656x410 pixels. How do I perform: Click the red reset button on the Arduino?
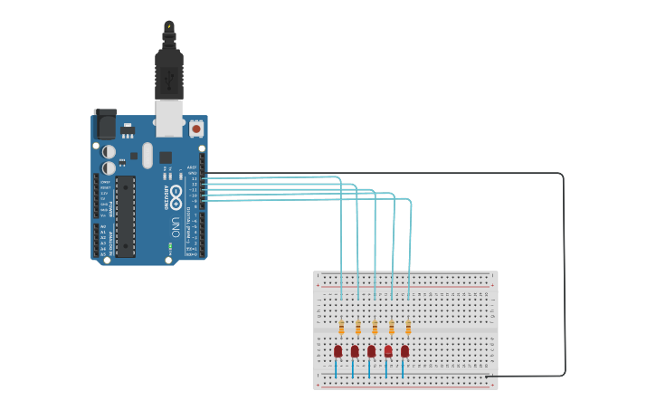(195, 129)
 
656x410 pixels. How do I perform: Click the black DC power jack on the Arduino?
(105, 124)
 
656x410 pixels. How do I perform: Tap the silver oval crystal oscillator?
(148, 153)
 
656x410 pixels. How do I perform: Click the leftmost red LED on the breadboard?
(338, 351)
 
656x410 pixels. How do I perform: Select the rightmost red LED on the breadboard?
(404, 351)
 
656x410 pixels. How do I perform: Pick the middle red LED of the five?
(371, 351)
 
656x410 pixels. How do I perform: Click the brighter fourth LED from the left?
(388, 351)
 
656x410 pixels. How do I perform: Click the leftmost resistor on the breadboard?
(341, 328)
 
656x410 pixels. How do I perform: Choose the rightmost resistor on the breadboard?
(408, 328)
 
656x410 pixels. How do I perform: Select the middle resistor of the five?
(375, 328)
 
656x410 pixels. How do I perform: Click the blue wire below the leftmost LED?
(337, 369)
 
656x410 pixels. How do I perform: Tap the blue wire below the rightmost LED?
(403, 369)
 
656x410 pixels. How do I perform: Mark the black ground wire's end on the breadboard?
(487, 377)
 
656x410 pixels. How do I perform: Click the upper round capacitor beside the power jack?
(109, 151)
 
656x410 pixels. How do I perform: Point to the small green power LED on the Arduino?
(169, 245)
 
